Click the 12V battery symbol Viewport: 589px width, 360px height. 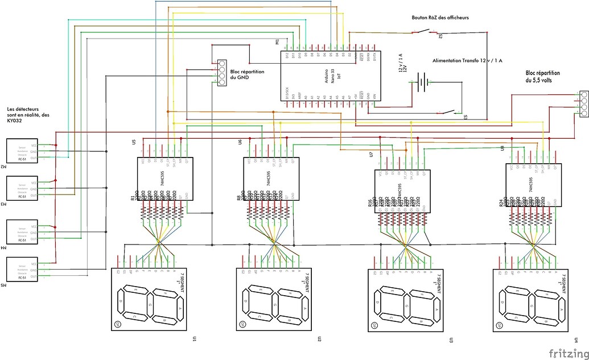(x=422, y=82)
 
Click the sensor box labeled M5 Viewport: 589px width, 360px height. (x=22, y=270)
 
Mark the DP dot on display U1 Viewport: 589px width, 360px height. (x=118, y=324)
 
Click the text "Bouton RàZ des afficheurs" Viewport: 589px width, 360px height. (x=440, y=18)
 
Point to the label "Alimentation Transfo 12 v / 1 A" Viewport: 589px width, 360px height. (x=467, y=60)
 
